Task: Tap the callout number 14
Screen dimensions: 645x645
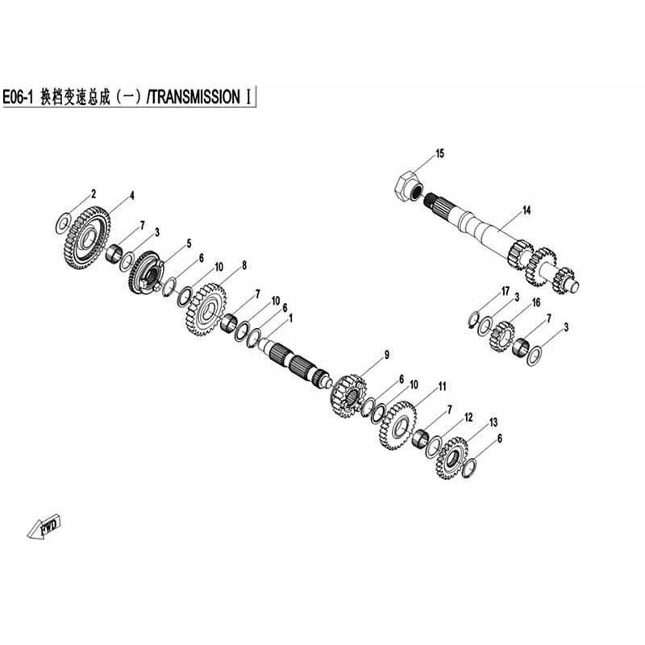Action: pos(526,210)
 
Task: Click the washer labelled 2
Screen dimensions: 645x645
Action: pos(62,223)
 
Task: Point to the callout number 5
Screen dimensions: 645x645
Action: pos(189,243)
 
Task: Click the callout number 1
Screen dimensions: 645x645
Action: pos(291,318)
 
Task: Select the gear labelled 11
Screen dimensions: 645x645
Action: pos(397,426)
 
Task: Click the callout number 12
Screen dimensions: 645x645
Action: pos(468,418)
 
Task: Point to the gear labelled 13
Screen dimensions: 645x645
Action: pos(451,458)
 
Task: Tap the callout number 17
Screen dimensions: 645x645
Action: pos(506,292)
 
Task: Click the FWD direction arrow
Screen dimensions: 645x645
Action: pos(44,526)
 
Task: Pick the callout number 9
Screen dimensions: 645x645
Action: pos(387,355)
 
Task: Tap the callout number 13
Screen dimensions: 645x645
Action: pos(493,422)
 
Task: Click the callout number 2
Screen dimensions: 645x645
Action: pos(94,193)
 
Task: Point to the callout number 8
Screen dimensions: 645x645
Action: pos(244,265)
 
